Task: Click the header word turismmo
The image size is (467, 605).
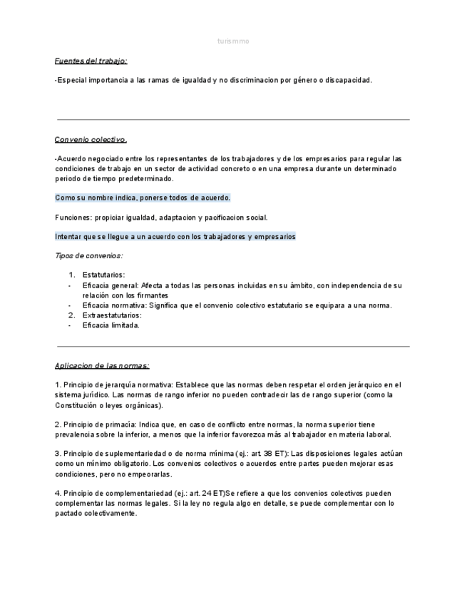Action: point(233,41)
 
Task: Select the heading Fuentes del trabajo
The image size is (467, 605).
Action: point(91,61)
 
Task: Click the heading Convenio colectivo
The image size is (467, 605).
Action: point(91,139)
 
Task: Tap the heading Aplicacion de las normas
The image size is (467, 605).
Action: point(102,365)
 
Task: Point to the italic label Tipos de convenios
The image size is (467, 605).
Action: point(88,255)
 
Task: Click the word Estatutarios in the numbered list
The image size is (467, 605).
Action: point(103,275)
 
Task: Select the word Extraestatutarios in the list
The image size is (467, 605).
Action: point(112,315)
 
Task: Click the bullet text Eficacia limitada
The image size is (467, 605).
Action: point(111,325)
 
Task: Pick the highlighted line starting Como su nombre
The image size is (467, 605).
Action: point(143,198)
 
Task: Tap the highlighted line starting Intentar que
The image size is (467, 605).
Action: point(175,236)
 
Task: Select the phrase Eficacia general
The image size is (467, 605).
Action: point(111,285)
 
